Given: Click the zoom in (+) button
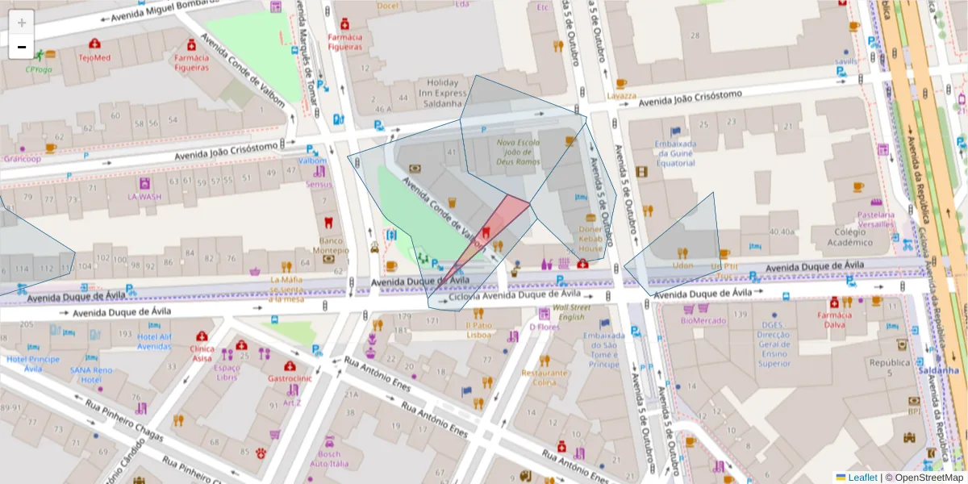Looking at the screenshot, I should point(22,23).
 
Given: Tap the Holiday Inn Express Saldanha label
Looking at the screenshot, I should point(442,93).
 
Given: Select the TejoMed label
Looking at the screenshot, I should point(94,58).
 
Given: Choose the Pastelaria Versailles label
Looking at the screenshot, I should point(875,220).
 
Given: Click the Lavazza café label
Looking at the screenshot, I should point(621,95).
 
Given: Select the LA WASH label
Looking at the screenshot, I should point(144,196).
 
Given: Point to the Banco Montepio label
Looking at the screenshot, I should point(329,245).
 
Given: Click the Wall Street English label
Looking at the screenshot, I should point(571,312).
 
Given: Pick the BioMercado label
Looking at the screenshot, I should point(703,320).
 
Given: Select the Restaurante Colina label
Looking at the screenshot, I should point(544,378).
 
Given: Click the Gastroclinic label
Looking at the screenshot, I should point(290,378).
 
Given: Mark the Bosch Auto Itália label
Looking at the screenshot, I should point(329,458).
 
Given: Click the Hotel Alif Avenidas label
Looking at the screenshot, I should point(154,341).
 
